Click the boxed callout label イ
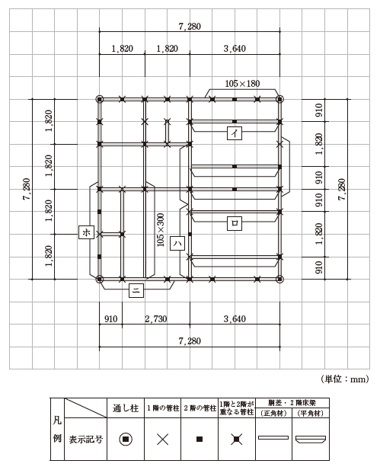click(x=235, y=133)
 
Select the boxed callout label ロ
click(x=235, y=223)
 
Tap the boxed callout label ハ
click(x=177, y=244)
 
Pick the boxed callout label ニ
click(x=136, y=290)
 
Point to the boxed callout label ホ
click(x=86, y=232)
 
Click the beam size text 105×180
click(x=242, y=84)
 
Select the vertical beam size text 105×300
click(x=161, y=230)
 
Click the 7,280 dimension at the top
click(x=190, y=27)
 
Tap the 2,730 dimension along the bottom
click(x=156, y=319)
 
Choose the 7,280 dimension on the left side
click(x=27, y=189)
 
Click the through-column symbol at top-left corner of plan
click(x=100, y=99)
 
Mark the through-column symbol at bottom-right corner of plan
click(x=279, y=279)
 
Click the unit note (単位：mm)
click(x=345, y=379)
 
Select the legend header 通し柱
click(x=126, y=408)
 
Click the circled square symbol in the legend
click(x=126, y=439)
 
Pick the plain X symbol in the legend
click(x=163, y=440)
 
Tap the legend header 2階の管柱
click(x=200, y=408)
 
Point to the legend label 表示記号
click(x=86, y=440)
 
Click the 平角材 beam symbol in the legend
click(x=311, y=439)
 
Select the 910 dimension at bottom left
click(x=110, y=319)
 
